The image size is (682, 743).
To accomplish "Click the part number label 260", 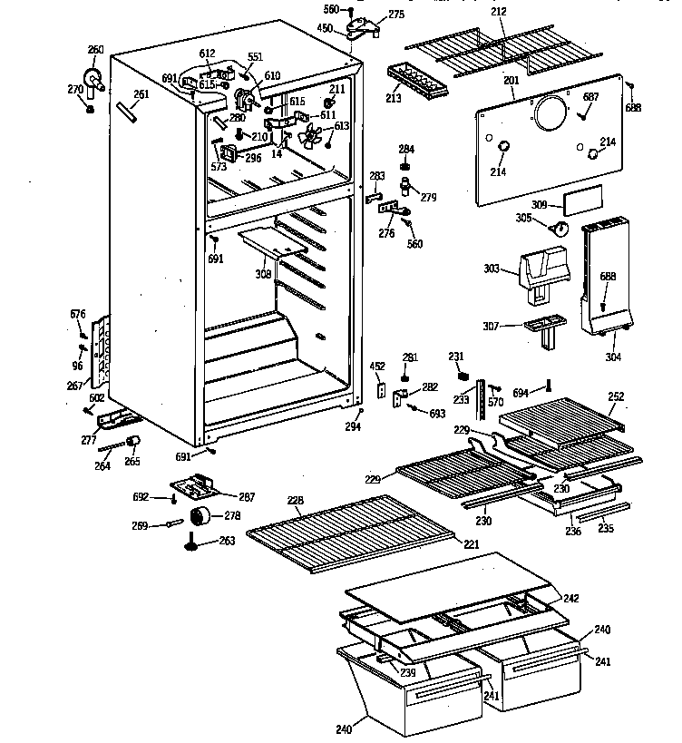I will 95,49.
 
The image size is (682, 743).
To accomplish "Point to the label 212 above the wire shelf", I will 499,12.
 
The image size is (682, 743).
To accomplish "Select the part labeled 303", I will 541,269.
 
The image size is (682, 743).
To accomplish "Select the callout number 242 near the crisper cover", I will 570,598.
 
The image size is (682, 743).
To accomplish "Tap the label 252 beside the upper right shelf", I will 616,396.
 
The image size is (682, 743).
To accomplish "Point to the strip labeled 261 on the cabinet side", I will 125,112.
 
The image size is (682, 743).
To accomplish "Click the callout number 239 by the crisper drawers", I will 409,672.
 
